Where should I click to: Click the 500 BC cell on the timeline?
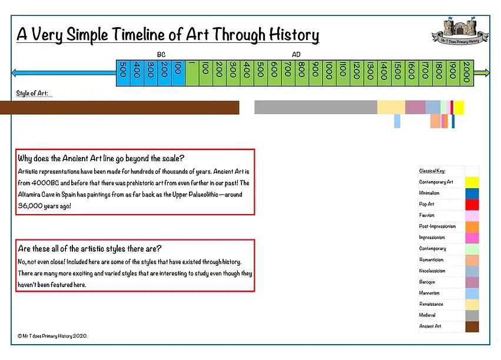point(123,74)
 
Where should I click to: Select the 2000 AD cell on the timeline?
point(467,74)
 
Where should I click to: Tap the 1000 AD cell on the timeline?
point(329,74)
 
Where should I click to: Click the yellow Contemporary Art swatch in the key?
point(472,182)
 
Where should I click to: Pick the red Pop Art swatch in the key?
point(472,204)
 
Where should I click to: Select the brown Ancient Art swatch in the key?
point(472,326)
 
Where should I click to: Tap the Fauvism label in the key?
point(427,215)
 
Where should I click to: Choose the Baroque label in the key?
point(427,282)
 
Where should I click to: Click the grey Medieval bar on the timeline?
point(316,107)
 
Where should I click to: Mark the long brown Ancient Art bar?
point(118,107)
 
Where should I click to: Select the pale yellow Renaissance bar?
point(391,107)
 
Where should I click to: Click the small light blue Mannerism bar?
point(397,121)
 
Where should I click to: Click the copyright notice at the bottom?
point(52,336)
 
